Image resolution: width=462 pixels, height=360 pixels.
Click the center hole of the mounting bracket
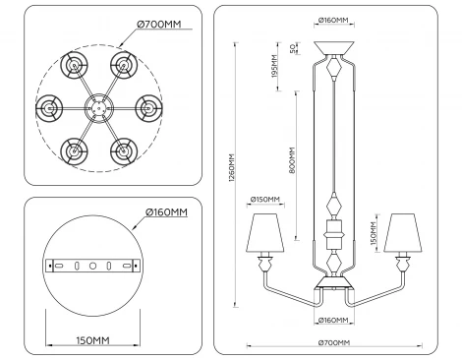91,267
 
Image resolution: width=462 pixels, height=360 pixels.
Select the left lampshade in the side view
264,231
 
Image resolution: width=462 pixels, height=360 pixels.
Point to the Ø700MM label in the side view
334,341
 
